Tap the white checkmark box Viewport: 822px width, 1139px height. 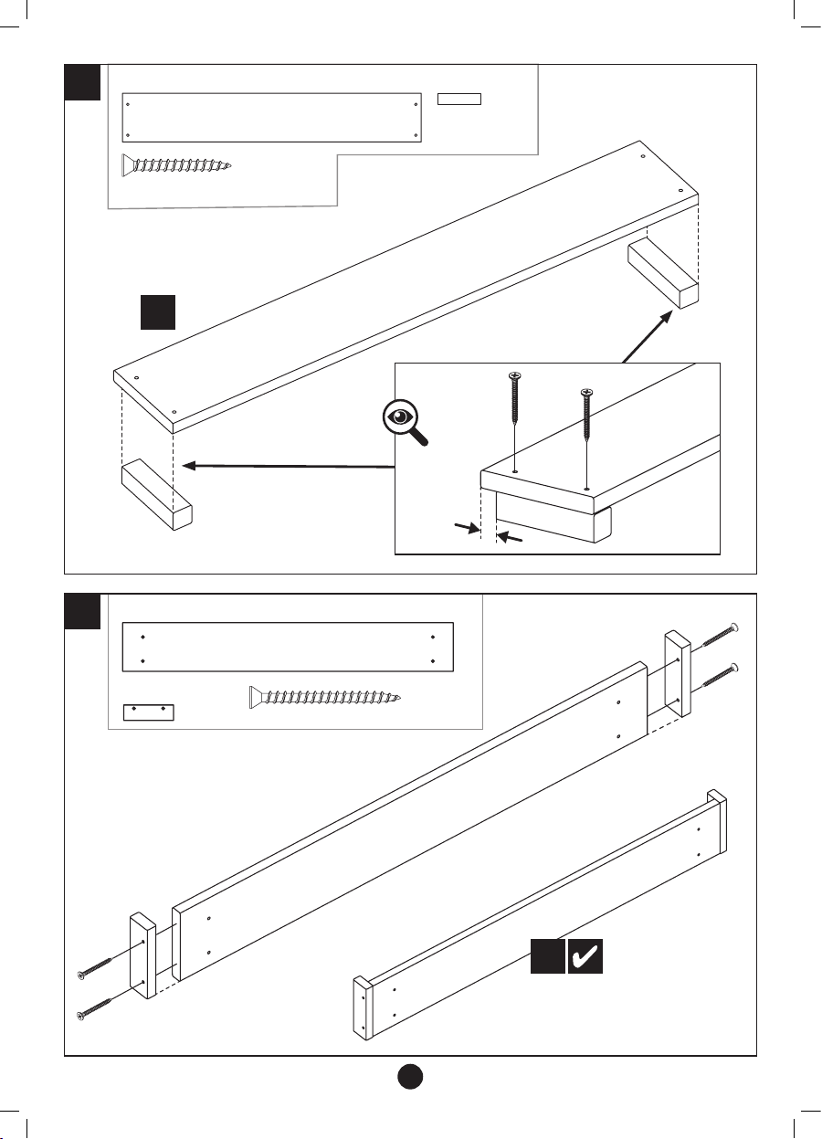pos(585,956)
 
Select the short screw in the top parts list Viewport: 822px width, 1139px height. pos(177,165)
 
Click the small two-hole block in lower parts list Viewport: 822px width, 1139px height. pos(148,712)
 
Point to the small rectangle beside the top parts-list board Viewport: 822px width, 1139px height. pos(459,99)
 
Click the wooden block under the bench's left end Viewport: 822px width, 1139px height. pos(156,494)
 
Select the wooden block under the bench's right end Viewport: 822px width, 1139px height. pos(663,273)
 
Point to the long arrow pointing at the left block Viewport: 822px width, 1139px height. pos(288,467)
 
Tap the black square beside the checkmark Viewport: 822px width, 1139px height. pos(548,956)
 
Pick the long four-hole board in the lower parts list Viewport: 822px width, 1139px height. pos(288,648)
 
